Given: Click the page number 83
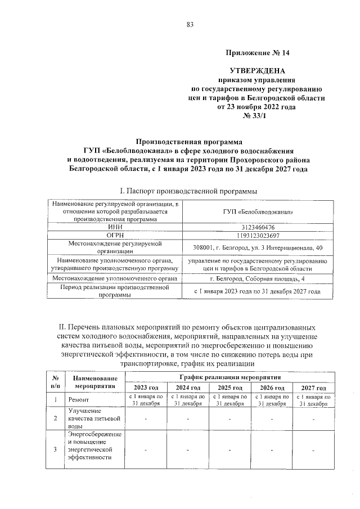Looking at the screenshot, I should click(190, 24).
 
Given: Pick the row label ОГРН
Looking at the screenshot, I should click(115, 236).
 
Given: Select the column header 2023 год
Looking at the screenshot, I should click(146, 388).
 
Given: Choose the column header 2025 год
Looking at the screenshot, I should click(229, 388).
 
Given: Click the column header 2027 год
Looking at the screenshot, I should click(313, 388).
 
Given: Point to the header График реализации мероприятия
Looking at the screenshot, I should click(229, 377).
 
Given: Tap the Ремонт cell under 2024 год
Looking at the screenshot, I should click(187, 400).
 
